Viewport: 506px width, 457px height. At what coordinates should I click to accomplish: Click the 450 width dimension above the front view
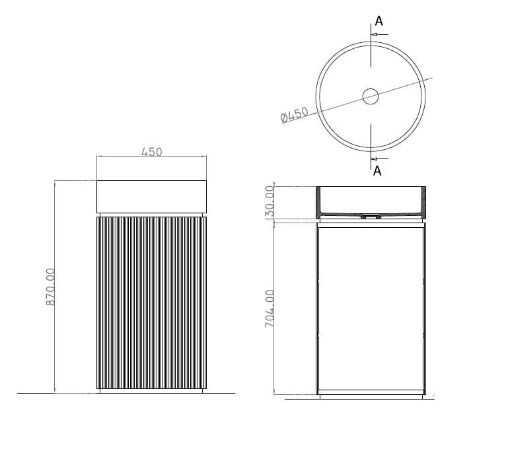151,152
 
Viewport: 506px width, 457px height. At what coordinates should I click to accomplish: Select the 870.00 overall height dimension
51,285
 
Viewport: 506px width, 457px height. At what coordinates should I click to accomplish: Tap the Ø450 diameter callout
295,115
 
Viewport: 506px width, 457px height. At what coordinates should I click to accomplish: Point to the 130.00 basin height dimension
269,203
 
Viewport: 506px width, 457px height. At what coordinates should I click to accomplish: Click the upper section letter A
379,21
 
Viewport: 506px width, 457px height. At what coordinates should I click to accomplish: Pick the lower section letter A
377,171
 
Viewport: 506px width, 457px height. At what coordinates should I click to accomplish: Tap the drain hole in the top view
371,96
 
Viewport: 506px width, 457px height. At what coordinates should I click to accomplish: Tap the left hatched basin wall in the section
320,201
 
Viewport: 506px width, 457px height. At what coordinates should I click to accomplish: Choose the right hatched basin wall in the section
422,201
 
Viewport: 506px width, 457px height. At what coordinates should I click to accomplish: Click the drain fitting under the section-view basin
371,216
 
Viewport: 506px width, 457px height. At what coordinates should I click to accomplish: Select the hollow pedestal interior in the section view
371,307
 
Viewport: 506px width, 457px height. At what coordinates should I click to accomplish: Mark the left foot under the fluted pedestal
100,391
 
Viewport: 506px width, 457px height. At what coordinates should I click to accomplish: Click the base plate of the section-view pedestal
371,395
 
